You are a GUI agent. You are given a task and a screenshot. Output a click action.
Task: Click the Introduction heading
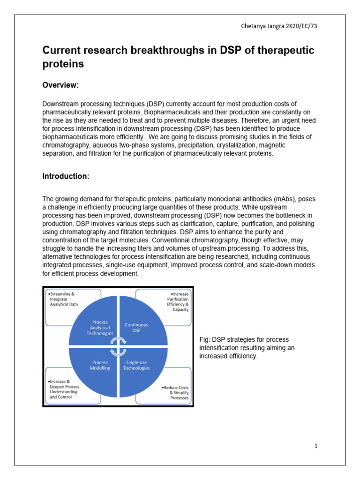click(66, 176)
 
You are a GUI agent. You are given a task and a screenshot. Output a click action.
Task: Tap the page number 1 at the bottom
click(316, 446)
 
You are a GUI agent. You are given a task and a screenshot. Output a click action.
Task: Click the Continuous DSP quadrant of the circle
click(136, 327)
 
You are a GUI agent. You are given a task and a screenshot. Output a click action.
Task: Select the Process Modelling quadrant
click(100, 365)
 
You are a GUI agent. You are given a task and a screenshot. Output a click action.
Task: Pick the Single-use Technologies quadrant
click(136, 365)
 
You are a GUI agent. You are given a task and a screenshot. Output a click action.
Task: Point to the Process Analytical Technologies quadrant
click(100, 327)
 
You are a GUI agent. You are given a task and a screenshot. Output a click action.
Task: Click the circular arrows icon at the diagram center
click(118, 346)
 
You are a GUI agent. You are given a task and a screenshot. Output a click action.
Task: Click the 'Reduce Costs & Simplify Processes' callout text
click(174, 393)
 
